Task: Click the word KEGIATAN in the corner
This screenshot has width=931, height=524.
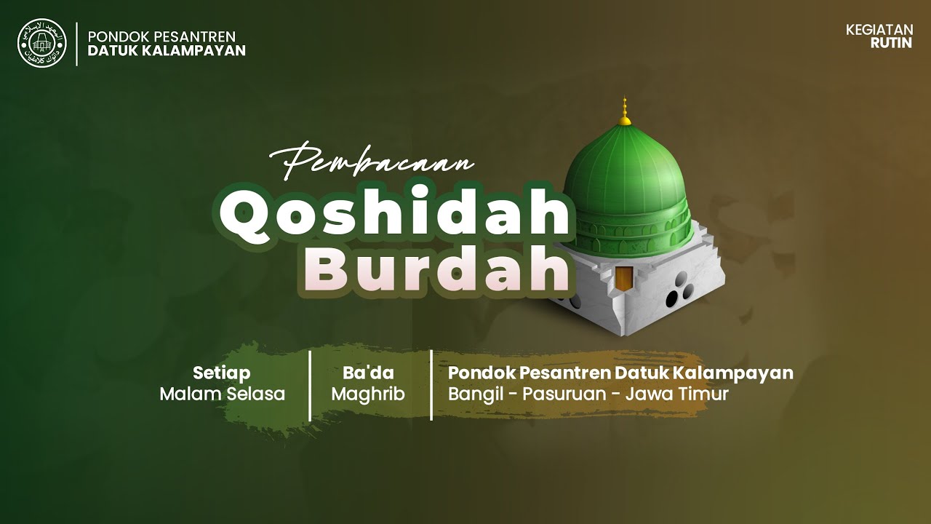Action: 879,30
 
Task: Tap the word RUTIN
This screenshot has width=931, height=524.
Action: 891,42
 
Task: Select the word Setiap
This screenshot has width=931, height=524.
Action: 222,373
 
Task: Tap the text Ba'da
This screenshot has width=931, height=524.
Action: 368,373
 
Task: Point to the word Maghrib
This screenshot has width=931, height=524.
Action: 368,394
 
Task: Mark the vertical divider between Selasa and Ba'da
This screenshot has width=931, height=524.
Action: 311,385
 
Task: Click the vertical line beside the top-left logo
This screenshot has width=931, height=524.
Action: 77,44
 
